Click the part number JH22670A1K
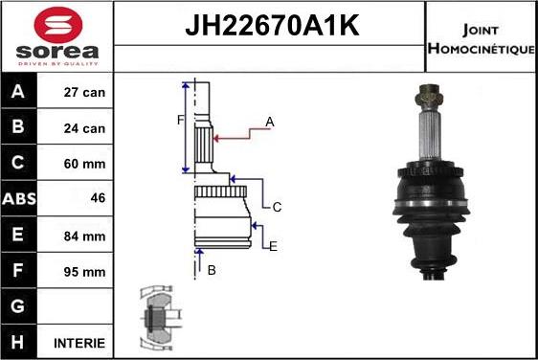tap(270, 26)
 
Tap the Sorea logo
tap(56, 36)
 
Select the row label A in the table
tap(19, 93)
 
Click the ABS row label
tap(19, 199)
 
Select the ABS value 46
tap(97, 199)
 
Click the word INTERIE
tap(80, 342)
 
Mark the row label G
tap(19, 306)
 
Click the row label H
tap(19, 342)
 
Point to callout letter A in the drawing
tap(270, 122)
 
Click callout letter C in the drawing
tap(277, 206)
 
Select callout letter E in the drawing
tap(273, 247)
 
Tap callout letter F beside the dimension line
tap(179, 120)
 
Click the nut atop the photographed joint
tap(428, 95)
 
